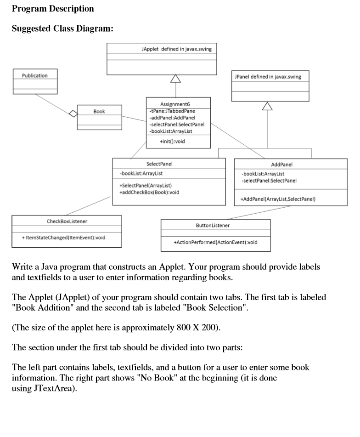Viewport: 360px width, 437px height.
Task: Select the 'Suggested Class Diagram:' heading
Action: (x=62, y=28)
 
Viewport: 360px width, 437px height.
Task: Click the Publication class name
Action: (x=35, y=75)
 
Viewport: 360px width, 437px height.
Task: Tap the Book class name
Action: (x=99, y=111)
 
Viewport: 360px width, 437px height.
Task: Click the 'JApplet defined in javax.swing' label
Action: (x=177, y=49)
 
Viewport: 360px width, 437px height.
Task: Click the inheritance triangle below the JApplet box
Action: (x=175, y=79)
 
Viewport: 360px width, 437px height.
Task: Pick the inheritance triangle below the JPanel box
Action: (x=267, y=107)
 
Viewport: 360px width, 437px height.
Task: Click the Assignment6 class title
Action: (x=178, y=104)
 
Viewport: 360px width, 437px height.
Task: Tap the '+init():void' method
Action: (x=172, y=142)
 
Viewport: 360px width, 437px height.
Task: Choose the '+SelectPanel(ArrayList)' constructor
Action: (x=146, y=185)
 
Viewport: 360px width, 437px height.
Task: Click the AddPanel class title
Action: (x=282, y=164)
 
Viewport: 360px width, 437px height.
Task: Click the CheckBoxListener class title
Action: (x=67, y=221)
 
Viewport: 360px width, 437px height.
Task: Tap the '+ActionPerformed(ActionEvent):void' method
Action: (x=215, y=242)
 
